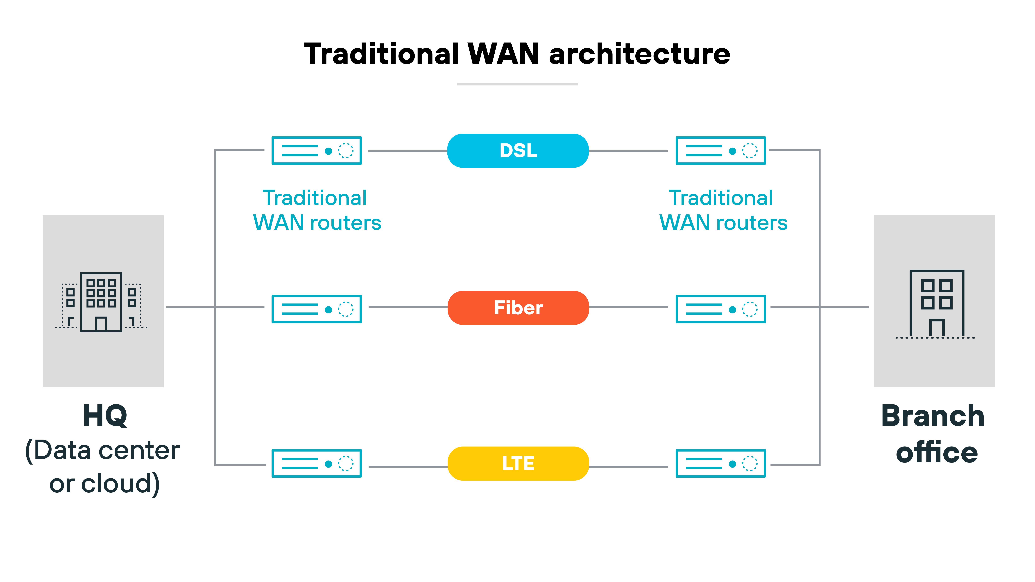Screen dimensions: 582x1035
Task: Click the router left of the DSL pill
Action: pyautogui.click(x=317, y=151)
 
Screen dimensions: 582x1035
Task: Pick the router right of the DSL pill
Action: pyautogui.click(x=720, y=151)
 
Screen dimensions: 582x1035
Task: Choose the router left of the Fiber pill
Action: pyautogui.click(x=317, y=309)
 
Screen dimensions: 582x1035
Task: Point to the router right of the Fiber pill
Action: pyautogui.click(x=720, y=309)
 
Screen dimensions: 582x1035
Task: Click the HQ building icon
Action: pyautogui.click(x=101, y=302)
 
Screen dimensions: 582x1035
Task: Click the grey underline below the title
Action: pyautogui.click(x=517, y=84)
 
